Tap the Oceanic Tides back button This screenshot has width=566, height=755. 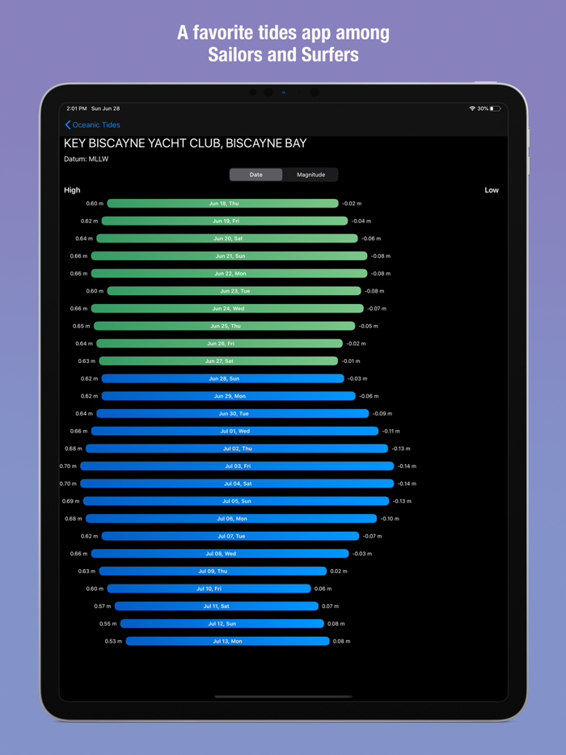pyautogui.click(x=93, y=125)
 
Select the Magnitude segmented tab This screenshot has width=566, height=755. pyautogui.click(x=310, y=175)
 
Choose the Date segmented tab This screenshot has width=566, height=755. pyautogui.click(x=256, y=175)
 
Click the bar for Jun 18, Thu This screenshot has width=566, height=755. pyautogui.click(x=222, y=204)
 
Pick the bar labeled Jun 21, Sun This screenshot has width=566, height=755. pyautogui.click(x=229, y=256)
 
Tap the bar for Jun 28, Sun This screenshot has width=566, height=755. pyautogui.click(x=222, y=378)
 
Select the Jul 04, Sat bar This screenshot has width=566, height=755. pyautogui.click(x=237, y=483)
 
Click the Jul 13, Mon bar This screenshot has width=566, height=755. pyautogui.click(x=227, y=641)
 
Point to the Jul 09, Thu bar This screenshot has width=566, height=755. pyautogui.click(x=213, y=572)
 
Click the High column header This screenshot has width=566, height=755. pyautogui.click(x=72, y=190)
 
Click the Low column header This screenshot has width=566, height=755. pyautogui.click(x=492, y=190)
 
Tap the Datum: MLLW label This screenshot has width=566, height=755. pyautogui.click(x=86, y=159)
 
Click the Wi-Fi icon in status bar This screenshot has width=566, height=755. pyautogui.click(x=472, y=108)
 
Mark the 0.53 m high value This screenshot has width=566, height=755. pyautogui.click(x=113, y=641)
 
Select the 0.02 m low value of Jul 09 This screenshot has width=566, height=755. pyautogui.click(x=338, y=572)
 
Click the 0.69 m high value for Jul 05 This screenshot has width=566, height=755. pyautogui.click(x=70, y=501)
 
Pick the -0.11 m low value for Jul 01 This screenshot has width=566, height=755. pyautogui.click(x=391, y=431)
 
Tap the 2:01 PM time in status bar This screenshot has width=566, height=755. pyautogui.click(x=77, y=108)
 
